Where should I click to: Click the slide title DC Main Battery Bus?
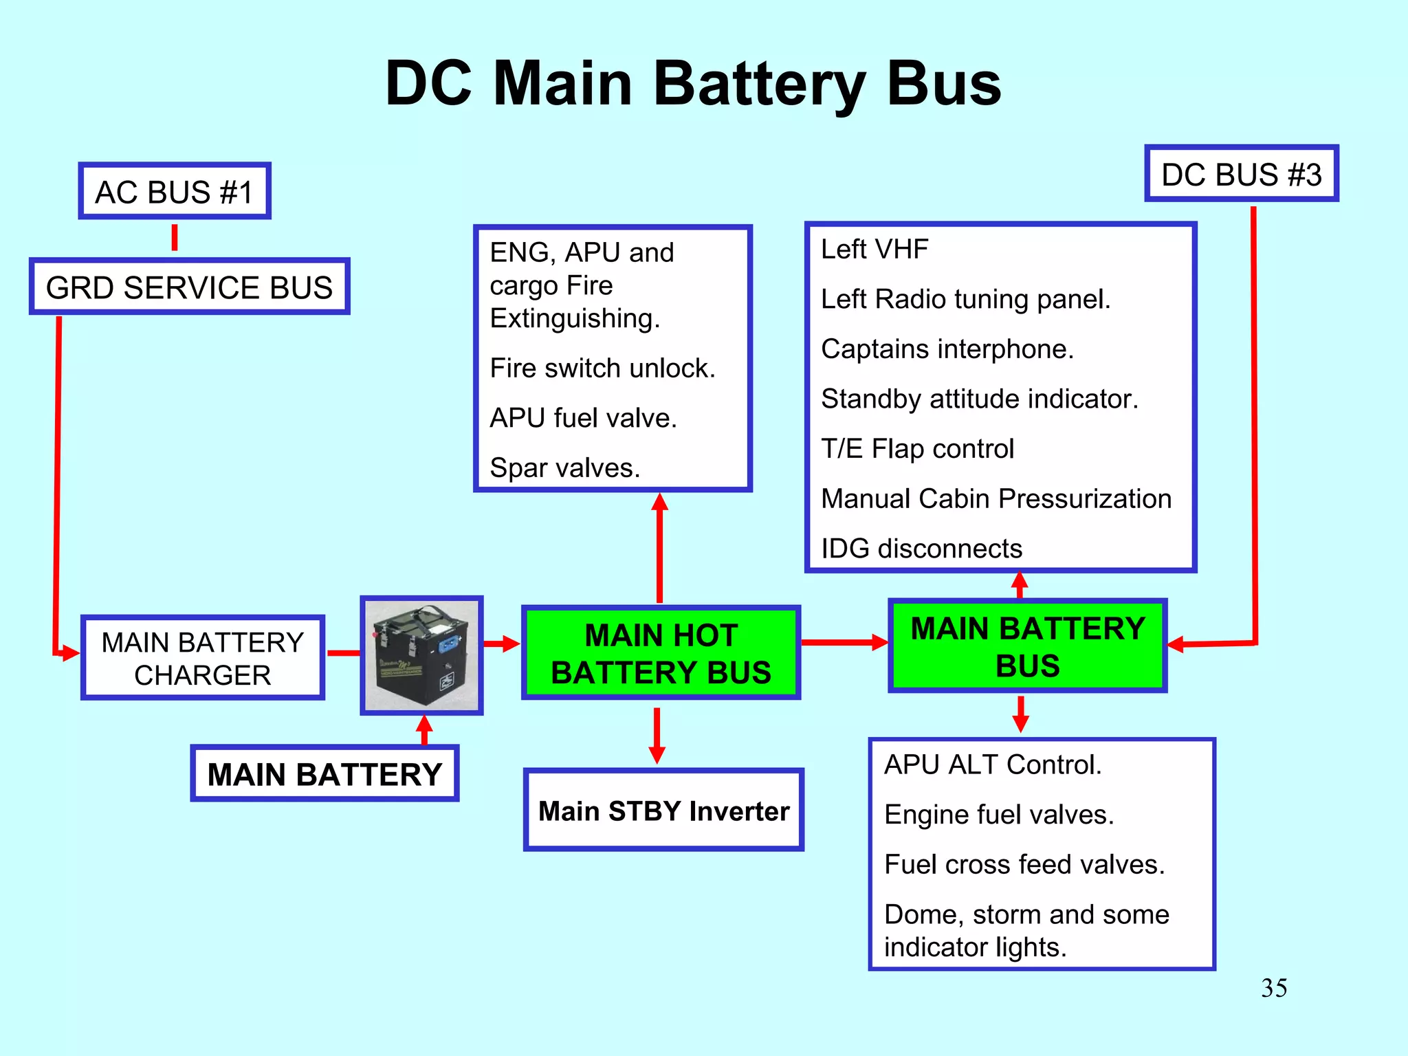point(693,84)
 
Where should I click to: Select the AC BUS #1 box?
point(175,191)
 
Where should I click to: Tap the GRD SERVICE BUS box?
point(189,287)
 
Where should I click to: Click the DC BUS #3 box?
point(1241,174)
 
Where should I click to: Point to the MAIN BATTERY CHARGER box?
point(202,658)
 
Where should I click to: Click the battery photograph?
point(421,655)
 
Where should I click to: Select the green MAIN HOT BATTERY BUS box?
point(661,653)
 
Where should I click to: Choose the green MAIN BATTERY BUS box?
point(1027,646)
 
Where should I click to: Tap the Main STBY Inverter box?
point(663,811)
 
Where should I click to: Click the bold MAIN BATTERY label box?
point(324,774)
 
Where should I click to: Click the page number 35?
point(1273,988)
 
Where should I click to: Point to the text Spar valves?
point(564,467)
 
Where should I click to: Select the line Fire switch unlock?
point(602,368)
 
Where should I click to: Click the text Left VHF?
point(874,249)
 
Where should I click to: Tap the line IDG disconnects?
point(921,549)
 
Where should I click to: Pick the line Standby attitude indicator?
point(979,399)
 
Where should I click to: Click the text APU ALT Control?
point(992,764)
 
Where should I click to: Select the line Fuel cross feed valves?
point(1024,864)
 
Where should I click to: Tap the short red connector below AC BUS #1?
point(175,237)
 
